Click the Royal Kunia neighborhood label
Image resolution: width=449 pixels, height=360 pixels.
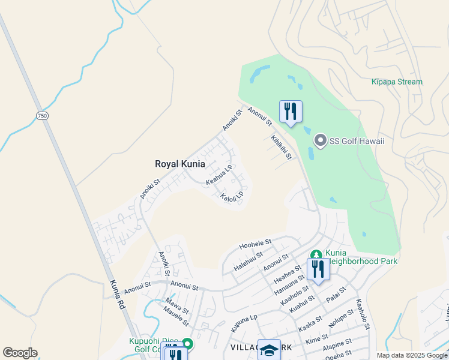[180, 164]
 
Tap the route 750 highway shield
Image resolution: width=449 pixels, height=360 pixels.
[41, 115]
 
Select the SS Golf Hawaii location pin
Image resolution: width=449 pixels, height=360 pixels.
[320, 141]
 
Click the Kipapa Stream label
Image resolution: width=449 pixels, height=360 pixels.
[397, 82]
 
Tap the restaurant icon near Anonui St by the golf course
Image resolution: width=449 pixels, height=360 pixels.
[291, 111]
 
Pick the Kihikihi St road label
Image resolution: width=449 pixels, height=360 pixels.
[281, 147]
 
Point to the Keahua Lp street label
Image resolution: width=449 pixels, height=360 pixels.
[219, 176]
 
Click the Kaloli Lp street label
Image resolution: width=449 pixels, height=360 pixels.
[232, 196]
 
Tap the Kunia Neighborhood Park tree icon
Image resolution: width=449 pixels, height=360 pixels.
[316, 254]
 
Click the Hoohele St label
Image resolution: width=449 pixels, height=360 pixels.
[256, 244]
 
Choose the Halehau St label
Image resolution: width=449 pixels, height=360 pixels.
[249, 262]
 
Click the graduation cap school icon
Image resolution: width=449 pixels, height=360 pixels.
[270, 350]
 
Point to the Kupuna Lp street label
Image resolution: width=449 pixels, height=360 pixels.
[244, 323]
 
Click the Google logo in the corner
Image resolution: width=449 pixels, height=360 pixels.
[20, 353]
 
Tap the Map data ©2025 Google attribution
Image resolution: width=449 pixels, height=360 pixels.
[411, 355]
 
